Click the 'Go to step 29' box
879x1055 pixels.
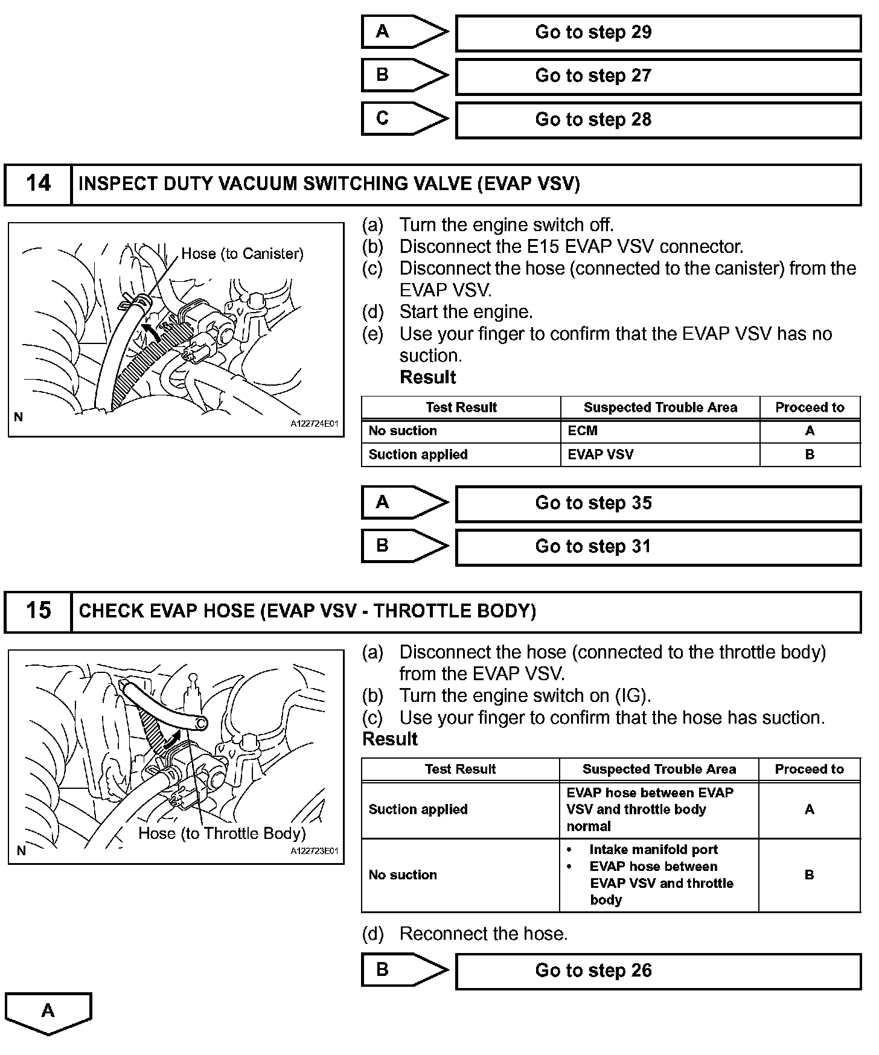click(657, 33)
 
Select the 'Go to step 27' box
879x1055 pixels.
click(657, 76)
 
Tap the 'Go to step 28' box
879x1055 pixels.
click(657, 120)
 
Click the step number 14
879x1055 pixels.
click(38, 183)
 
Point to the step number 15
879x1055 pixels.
click(38, 611)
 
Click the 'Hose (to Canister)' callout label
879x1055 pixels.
click(242, 253)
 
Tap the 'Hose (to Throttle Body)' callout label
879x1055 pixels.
click(222, 833)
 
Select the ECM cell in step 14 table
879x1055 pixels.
click(583, 431)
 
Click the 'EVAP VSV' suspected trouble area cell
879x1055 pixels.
click(601, 454)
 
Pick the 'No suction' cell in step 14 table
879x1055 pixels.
click(403, 431)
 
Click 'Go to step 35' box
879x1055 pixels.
click(657, 503)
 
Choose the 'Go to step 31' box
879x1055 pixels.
click(657, 547)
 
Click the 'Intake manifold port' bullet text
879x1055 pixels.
click(653, 850)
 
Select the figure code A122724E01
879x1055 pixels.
click(315, 424)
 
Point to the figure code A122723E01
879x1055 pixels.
click(315, 851)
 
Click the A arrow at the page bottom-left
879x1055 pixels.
click(48, 1012)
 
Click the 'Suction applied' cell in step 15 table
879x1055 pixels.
click(418, 809)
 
